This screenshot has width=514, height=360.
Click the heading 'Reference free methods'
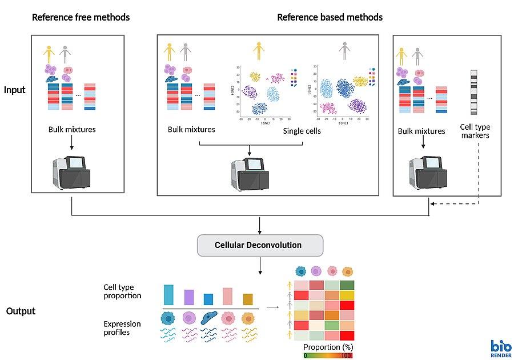tap(81, 17)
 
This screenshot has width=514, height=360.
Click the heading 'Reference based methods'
tap(330, 17)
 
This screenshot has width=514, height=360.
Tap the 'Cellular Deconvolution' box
tap(260, 245)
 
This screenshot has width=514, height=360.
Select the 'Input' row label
tap(15, 90)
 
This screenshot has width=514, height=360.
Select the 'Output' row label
tap(21, 311)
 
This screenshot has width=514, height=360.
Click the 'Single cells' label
tap(302, 131)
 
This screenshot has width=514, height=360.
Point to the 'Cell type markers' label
tap(475, 131)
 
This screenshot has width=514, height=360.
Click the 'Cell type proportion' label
tap(122, 291)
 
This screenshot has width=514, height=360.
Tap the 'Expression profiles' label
tap(122, 328)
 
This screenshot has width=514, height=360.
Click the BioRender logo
tap(500, 348)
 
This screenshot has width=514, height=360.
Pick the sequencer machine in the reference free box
tap(71, 171)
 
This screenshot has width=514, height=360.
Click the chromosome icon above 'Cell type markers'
tap(473, 92)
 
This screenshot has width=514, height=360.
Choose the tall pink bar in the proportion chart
tap(227, 296)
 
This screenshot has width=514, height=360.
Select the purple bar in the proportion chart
tap(188, 297)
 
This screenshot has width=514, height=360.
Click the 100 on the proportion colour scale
tap(346, 355)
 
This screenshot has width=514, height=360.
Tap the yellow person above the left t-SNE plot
tap(259, 50)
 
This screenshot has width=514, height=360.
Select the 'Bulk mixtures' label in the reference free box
tap(72, 130)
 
